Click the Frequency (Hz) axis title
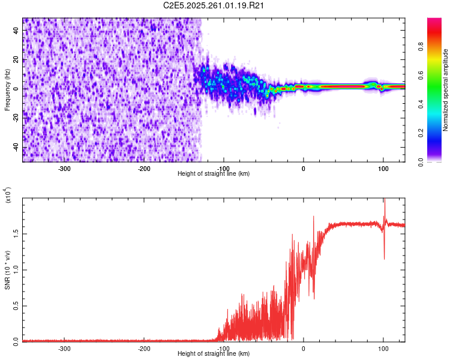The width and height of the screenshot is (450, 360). pos(7,90)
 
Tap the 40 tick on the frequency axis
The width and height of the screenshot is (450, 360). pos(16,31)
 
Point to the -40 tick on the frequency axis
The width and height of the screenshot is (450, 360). pos(16,147)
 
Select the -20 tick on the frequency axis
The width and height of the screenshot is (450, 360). pos(16,118)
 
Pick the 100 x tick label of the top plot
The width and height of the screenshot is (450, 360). pos(383,168)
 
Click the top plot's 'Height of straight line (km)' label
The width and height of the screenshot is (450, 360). pos(214,173)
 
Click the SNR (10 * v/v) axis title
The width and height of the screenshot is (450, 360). pos(7,269)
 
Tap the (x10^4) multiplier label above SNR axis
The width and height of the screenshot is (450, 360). pos(7,195)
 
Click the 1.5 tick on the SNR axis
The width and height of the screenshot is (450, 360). pos(16,233)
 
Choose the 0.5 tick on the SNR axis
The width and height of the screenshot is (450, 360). pos(16,305)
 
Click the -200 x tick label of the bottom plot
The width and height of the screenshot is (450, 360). pos(144,349)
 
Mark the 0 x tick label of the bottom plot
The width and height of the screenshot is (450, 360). pos(303,349)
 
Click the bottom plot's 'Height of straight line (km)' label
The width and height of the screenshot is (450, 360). pos(214,354)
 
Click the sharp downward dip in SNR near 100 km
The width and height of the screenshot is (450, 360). pos(384,258)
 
